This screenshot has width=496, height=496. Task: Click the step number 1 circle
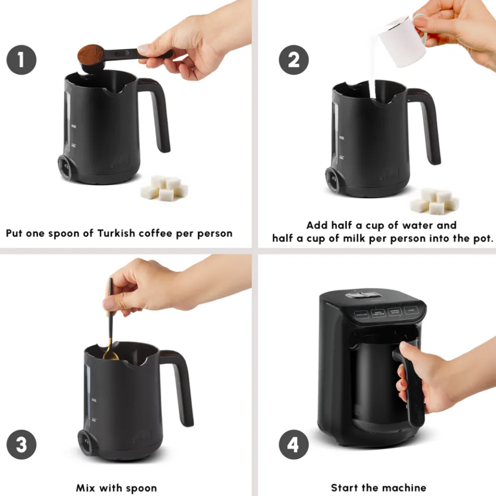pos(21,60)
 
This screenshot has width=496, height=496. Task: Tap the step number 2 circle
pos(294,60)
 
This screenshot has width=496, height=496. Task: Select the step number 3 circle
pos(21,444)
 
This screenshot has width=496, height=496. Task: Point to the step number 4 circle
pos(294,444)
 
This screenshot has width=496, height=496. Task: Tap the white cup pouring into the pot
pos(401,40)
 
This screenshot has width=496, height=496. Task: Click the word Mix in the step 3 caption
pos(86,487)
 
